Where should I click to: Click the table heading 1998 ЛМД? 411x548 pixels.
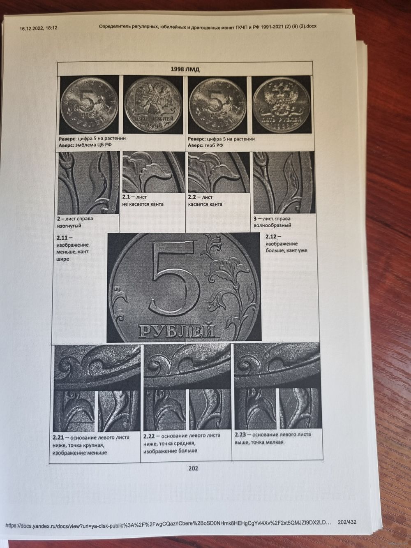(x=185, y=69)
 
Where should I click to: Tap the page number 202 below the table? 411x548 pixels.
(x=194, y=468)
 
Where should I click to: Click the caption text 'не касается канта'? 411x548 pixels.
(x=143, y=204)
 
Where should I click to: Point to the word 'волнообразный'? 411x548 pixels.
(x=272, y=225)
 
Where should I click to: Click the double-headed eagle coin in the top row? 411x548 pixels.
(x=153, y=104)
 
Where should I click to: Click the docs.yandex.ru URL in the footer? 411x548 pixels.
(x=168, y=522)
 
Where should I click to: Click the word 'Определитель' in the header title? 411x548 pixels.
(x=113, y=26)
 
